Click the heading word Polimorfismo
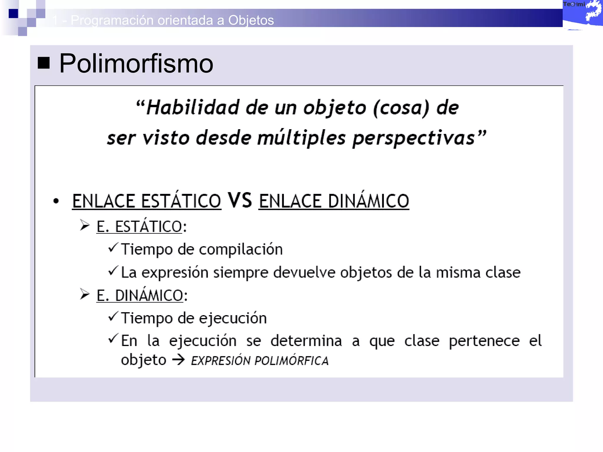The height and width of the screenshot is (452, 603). [136, 63]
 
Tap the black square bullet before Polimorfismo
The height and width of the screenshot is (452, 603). [44, 63]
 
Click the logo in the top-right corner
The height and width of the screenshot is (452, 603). [582, 15]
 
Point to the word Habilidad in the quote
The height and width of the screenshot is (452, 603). [193, 107]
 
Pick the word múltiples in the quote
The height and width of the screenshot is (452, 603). [301, 138]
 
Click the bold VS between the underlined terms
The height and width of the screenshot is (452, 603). [240, 200]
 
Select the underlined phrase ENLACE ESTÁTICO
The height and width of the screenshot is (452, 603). [147, 201]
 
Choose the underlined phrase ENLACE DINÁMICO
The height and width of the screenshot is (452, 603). [334, 201]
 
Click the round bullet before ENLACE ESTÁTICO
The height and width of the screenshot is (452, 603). [56, 201]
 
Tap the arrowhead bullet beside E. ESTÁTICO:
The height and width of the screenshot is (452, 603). [85, 225]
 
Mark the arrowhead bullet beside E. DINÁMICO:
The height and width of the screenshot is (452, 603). [85, 294]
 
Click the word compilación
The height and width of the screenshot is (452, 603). [241, 250]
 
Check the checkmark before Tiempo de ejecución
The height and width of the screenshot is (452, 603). [113, 316]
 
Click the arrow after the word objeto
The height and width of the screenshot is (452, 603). [178, 360]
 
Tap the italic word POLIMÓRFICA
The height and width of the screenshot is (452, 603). [291, 360]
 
